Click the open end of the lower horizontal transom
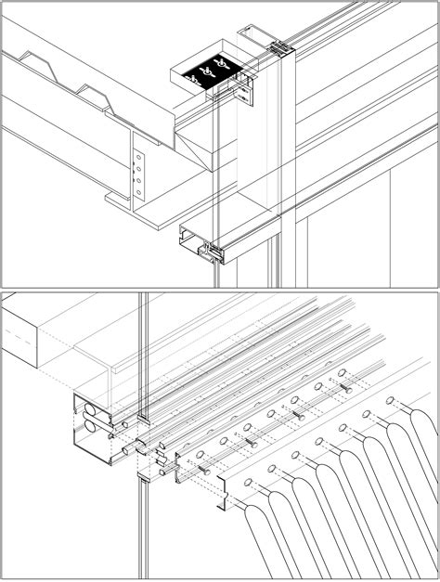[199, 245]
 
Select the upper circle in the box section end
[90, 408]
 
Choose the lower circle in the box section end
[90, 427]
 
